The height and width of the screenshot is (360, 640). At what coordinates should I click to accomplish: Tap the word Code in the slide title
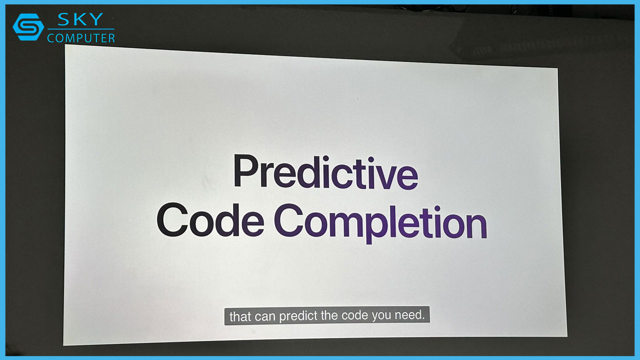210,221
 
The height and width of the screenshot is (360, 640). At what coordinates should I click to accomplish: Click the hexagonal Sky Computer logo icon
28,27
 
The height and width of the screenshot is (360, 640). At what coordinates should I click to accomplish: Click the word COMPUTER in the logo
81,38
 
